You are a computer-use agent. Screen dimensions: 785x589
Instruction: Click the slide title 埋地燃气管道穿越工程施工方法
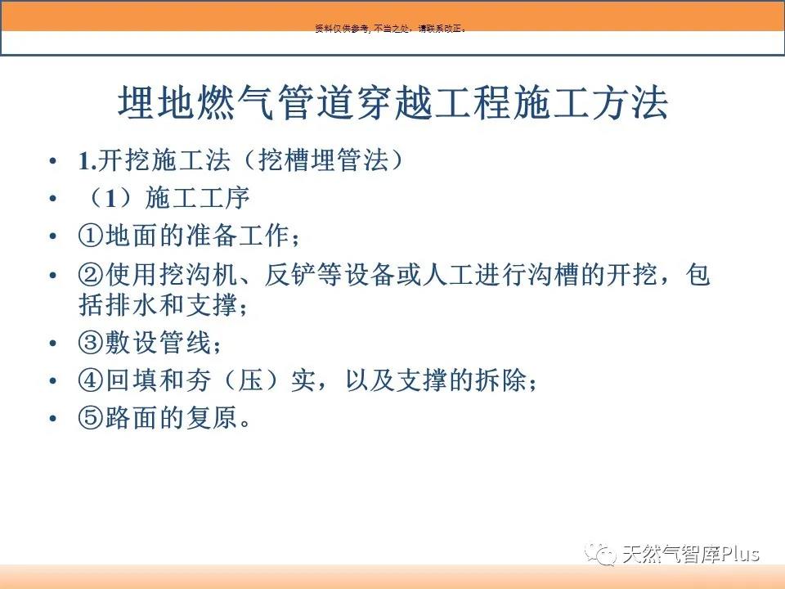[x=393, y=103]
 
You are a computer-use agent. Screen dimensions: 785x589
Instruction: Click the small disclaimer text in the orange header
[x=391, y=29]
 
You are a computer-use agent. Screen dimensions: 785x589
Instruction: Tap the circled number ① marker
[x=91, y=236]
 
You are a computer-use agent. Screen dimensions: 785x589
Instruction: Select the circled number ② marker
[x=91, y=275]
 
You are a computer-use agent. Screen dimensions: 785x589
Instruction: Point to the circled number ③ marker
[x=91, y=343]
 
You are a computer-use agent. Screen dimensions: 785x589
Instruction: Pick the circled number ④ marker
[x=91, y=380]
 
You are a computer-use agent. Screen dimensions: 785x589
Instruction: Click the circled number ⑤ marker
[x=91, y=417]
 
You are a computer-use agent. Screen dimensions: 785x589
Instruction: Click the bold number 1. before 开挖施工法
[x=87, y=161]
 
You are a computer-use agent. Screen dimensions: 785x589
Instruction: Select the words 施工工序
[x=197, y=198]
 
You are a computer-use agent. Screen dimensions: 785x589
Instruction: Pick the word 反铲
[x=290, y=275]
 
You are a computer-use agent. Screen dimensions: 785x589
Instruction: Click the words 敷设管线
[x=157, y=343]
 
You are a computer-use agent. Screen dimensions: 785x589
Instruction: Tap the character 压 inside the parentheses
[x=251, y=380]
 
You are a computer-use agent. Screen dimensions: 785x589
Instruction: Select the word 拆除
[x=500, y=380]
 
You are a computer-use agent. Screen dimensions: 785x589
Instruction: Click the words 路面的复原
[x=171, y=417]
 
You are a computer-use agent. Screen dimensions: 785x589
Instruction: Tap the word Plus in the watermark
[x=739, y=554]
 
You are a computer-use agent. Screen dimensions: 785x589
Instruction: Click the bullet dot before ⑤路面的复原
[x=52, y=418]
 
